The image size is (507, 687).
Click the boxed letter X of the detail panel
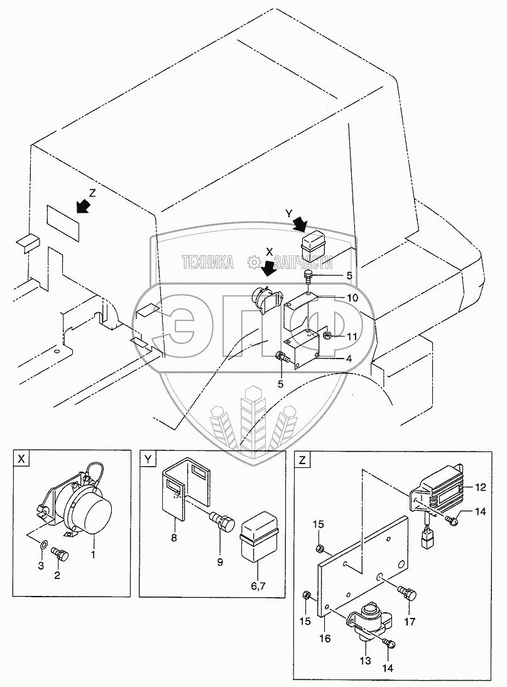click(x=22, y=458)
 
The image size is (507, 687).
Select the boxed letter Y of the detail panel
click(x=148, y=459)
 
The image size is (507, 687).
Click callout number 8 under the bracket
click(x=174, y=538)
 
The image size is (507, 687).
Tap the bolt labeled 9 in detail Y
click(x=222, y=522)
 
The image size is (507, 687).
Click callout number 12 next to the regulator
click(x=481, y=487)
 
